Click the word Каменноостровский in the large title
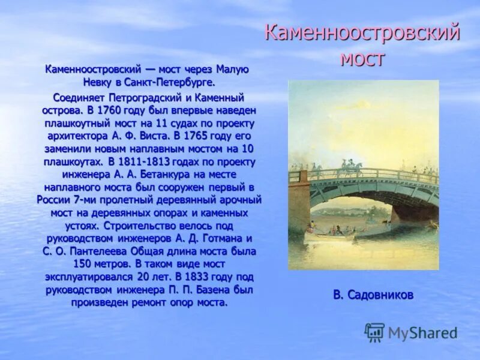362,33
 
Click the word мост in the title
362,59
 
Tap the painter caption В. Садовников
373,295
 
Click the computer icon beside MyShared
374,332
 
